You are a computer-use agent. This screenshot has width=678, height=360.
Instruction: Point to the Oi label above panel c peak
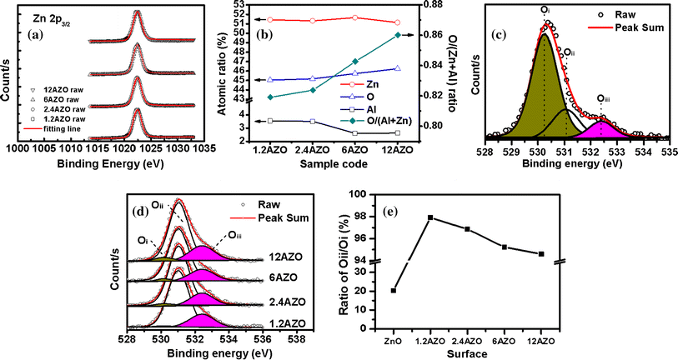pos(545,10)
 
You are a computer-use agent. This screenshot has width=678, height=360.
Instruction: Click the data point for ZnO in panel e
pos(393,290)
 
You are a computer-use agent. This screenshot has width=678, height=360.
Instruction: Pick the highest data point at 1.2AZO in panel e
pos(430,217)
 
